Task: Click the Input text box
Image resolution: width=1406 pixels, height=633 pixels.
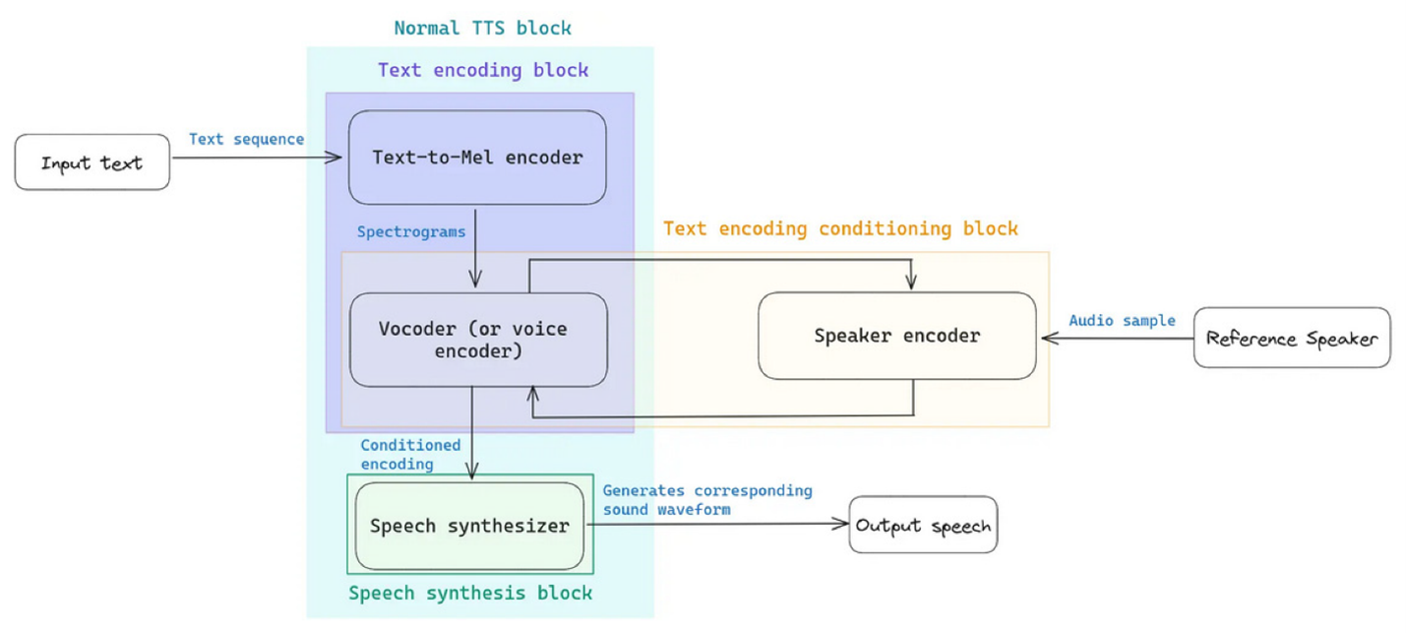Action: click(92, 162)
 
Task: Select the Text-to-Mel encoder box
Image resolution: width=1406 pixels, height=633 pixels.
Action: click(477, 158)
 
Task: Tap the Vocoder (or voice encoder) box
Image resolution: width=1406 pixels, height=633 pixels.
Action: click(478, 340)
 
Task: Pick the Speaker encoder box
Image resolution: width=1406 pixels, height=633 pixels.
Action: click(896, 336)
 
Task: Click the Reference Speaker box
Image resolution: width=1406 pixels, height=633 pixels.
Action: click(1291, 339)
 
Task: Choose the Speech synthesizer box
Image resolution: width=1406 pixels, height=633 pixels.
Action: click(469, 526)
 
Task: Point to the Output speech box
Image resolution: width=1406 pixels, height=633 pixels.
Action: click(923, 525)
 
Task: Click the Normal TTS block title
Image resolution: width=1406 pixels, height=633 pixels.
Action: click(482, 28)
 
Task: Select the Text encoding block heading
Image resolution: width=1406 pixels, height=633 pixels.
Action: click(483, 70)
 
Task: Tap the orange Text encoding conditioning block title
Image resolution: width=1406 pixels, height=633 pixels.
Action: click(840, 229)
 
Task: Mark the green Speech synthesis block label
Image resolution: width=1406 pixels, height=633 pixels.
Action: click(470, 593)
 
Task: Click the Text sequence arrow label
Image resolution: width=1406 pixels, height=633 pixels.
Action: click(246, 139)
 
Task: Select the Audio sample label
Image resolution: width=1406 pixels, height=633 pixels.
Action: click(1122, 321)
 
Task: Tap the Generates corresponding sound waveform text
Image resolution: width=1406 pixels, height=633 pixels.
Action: click(706, 499)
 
